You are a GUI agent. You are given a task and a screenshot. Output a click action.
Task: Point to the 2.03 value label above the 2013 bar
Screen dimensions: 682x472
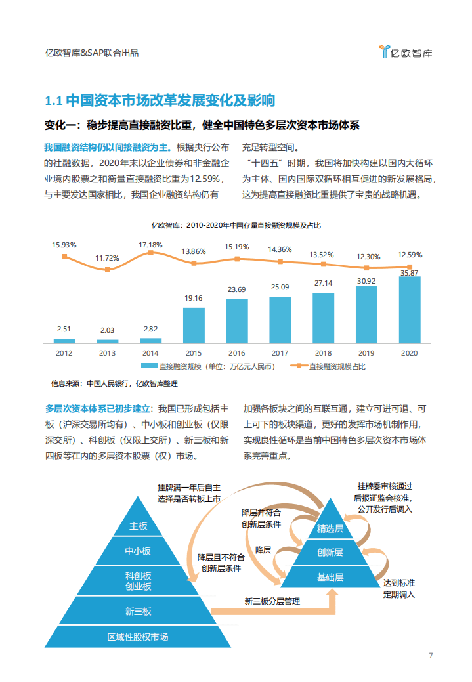tap(107, 331)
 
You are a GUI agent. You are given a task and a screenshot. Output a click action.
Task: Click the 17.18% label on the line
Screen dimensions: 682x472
tap(150, 244)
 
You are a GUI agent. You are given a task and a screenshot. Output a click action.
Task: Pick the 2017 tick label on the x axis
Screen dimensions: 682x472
tap(280, 353)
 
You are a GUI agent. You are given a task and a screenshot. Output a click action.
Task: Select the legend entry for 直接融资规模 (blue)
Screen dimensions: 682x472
tap(214, 366)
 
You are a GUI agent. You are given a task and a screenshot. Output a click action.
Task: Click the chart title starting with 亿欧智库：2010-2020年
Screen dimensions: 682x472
tap(236, 225)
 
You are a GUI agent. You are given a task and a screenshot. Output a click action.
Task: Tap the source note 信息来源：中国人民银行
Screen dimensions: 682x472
tap(114, 383)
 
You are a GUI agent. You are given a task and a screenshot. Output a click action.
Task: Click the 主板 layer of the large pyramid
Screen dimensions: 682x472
tap(139, 526)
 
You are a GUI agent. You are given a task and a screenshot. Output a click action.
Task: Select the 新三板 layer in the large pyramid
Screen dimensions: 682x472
tap(139, 611)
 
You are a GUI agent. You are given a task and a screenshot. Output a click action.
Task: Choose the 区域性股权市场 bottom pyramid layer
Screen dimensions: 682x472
tap(138, 637)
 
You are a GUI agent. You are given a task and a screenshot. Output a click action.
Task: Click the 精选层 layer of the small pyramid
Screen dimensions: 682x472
tap(330, 528)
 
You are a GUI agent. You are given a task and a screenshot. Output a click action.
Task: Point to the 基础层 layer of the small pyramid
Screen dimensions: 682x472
tap(330, 577)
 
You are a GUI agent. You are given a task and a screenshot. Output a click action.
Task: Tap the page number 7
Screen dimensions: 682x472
tap(431, 656)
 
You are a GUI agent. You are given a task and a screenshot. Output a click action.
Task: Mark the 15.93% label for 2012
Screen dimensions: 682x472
tap(64, 245)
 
